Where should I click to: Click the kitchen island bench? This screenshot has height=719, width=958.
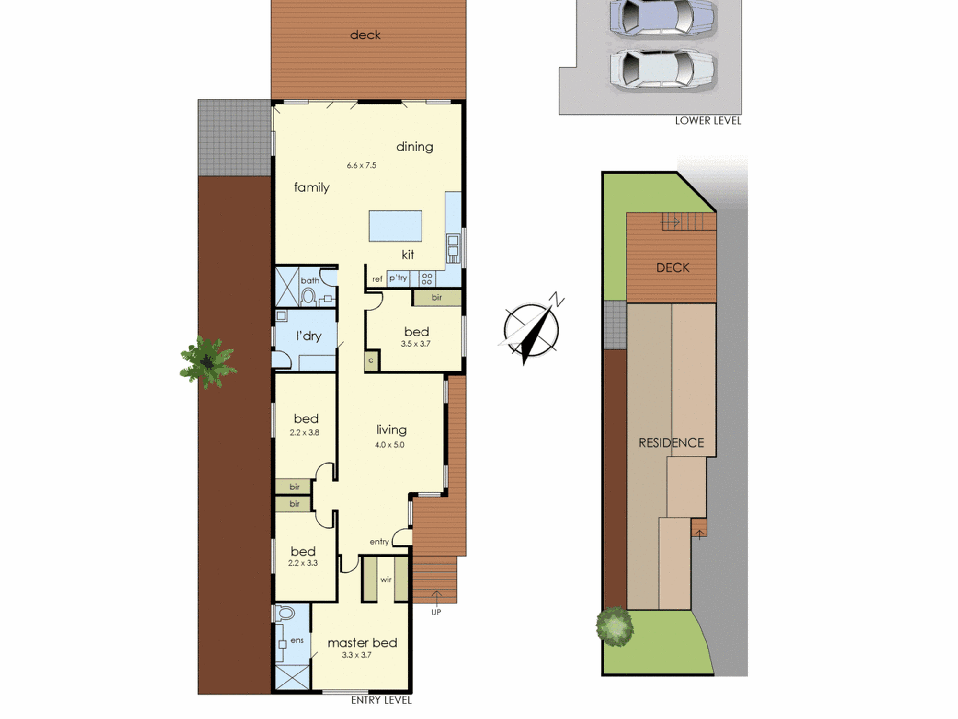click(395, 226)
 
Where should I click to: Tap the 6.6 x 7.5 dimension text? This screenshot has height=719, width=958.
click(362, 165)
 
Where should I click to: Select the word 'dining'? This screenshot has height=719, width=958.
click(414, 147)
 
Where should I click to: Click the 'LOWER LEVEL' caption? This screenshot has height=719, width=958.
click(708, 121)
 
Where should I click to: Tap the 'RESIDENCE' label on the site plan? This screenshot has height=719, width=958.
click(672, 442)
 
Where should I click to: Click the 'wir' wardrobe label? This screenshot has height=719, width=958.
click(386, 580)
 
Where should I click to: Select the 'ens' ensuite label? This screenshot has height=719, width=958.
click(297, 640)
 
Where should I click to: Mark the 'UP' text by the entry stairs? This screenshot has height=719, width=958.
click(436, 612)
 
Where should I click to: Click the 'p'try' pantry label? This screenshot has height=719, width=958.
click(398, 278)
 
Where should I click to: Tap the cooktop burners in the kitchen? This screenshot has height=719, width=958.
click(427, 278)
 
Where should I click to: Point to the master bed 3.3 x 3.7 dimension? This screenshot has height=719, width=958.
click(356, 655)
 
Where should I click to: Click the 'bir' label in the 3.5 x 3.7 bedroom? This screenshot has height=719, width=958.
click(436, 297)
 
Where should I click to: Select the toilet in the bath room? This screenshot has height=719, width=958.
click(308, 297)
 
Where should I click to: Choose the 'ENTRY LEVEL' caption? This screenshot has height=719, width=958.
click(381, 700)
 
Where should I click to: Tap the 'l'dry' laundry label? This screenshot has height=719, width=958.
click(308, 336)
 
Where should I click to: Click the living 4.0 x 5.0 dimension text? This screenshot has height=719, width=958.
click(389, 445)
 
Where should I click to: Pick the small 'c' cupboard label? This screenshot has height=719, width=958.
click(371, 360)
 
